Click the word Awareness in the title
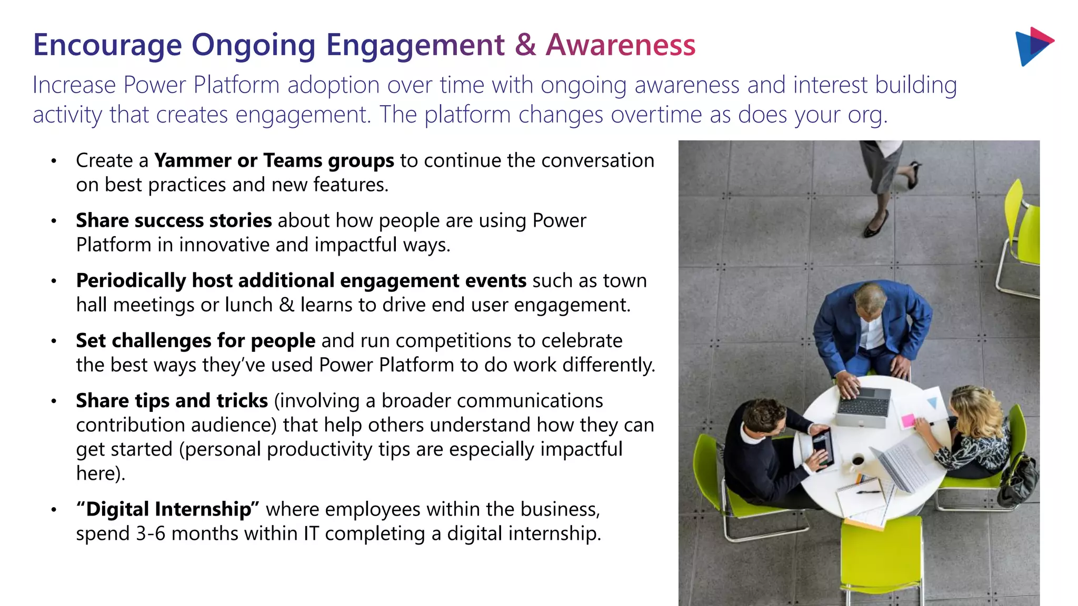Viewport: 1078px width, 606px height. [621, 45]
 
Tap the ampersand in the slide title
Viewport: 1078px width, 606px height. [525, 45]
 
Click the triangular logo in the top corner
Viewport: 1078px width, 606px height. [1033, 46]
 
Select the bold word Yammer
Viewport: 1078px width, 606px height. [192, 160]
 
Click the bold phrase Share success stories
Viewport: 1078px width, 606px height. [174, 220]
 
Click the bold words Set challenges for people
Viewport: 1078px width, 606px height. [195, 341]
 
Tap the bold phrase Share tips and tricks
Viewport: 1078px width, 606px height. [172, 401]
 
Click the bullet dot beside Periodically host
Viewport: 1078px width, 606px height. [54, 281]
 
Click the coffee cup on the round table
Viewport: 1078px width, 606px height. [857, 461]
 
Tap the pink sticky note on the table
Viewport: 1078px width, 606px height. [908, 421]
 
